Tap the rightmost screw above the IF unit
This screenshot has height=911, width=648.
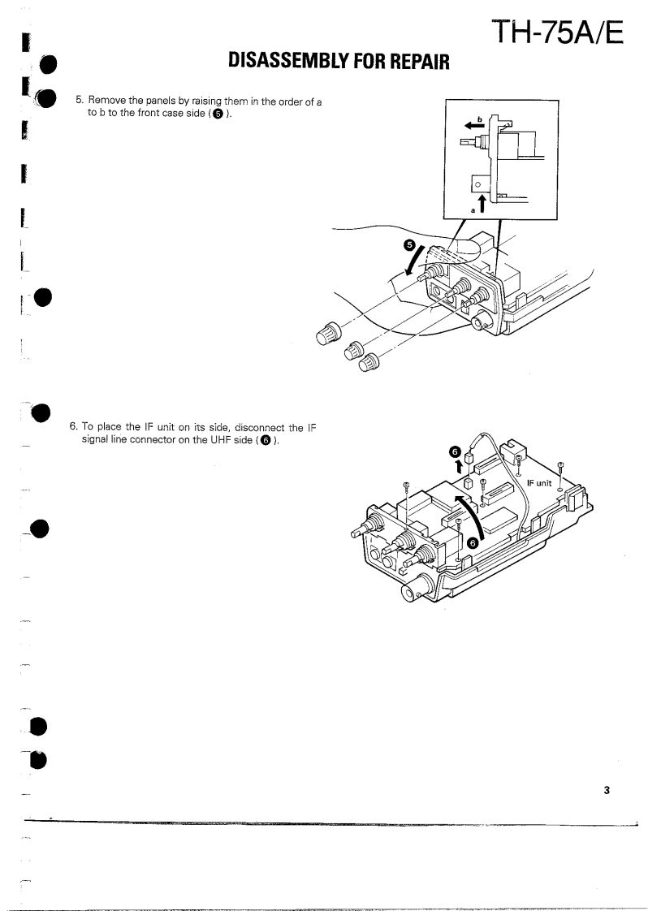[562, 466]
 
